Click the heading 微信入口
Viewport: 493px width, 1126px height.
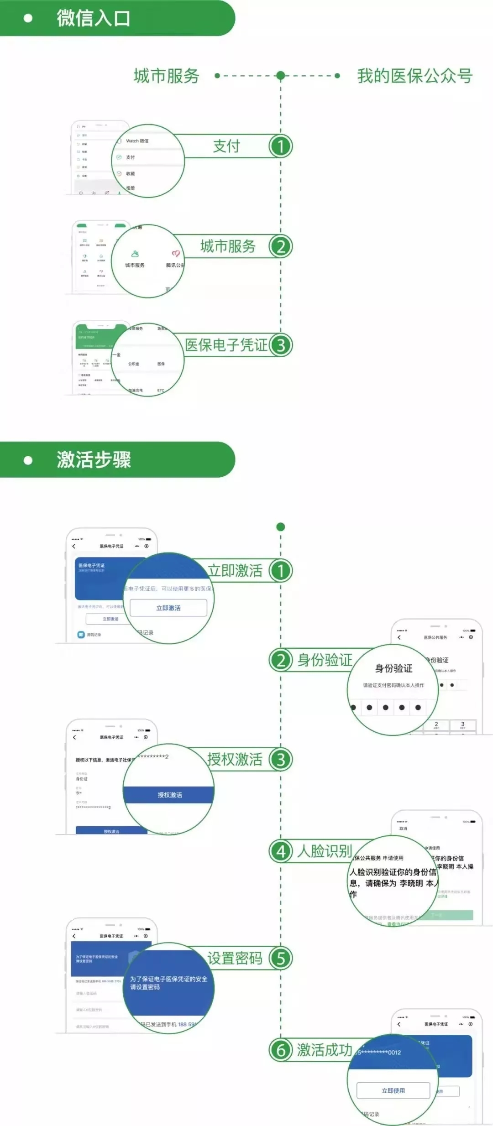tap(94, 18)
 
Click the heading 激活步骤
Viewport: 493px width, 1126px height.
tap(94, 459)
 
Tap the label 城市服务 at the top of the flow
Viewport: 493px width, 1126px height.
tap(167, 76)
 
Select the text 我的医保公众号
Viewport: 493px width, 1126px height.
tap(414, 76)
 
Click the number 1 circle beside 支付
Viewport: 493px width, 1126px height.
tap(280, 146)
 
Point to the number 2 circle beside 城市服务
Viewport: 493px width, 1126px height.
tap(280, 247)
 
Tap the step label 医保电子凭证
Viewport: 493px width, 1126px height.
tap(226, 345)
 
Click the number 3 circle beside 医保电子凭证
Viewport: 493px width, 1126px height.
tap(280, 345)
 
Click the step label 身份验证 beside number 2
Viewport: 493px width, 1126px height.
tap(325, 660)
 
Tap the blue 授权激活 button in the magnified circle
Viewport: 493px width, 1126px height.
tap(169, 795)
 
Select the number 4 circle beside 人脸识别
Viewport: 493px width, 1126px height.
tap(280, 851)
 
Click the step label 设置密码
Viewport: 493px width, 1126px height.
tap(235, 958)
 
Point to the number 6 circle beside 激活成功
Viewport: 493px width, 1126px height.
tap(280, 1050)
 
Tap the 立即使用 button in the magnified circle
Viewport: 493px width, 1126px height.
tap(393, 1090)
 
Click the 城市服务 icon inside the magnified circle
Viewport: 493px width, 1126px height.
tap(135, 258)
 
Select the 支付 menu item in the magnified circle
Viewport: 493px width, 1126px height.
tap(130, 157)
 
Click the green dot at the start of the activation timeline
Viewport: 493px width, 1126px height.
tap(281, 527)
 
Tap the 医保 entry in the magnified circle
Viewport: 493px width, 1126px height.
tap(161, 364)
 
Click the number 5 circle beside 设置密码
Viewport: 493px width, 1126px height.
tap(280, 958)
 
